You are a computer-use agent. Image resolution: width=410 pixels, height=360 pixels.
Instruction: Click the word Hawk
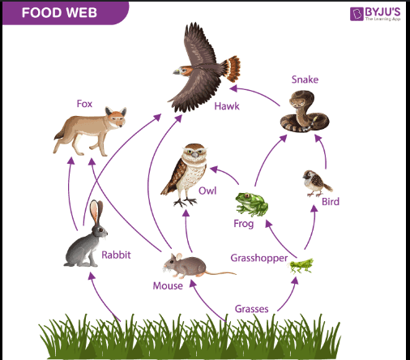point(227,106)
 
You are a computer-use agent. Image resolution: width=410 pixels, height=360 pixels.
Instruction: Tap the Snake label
point(305,79)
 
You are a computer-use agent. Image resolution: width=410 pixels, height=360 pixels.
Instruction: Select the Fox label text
point(84,104)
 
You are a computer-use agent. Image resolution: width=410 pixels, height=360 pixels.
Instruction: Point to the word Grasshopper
point(259,258)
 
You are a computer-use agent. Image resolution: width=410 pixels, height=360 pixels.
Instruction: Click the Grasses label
point(251,309)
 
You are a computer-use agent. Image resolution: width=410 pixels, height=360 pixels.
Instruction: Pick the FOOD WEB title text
point(59,13)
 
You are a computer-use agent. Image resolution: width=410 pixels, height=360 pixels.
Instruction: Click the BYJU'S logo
point(375,14)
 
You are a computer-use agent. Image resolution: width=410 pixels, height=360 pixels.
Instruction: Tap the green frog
point(251,204)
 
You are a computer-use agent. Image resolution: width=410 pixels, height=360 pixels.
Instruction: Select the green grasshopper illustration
point(301,266)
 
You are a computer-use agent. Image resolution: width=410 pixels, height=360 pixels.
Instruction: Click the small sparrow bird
point(317,183)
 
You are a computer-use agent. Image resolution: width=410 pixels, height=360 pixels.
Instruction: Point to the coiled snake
point(305,111)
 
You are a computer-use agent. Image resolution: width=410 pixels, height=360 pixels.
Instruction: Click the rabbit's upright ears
point(96,212)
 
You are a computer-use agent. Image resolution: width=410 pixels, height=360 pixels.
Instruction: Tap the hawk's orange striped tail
point(233,69)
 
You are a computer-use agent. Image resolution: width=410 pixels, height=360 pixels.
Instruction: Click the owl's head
point(194,152)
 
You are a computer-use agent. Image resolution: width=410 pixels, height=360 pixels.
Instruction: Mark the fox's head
point(116,118)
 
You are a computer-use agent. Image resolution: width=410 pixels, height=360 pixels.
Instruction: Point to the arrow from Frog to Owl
point(226,174)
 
